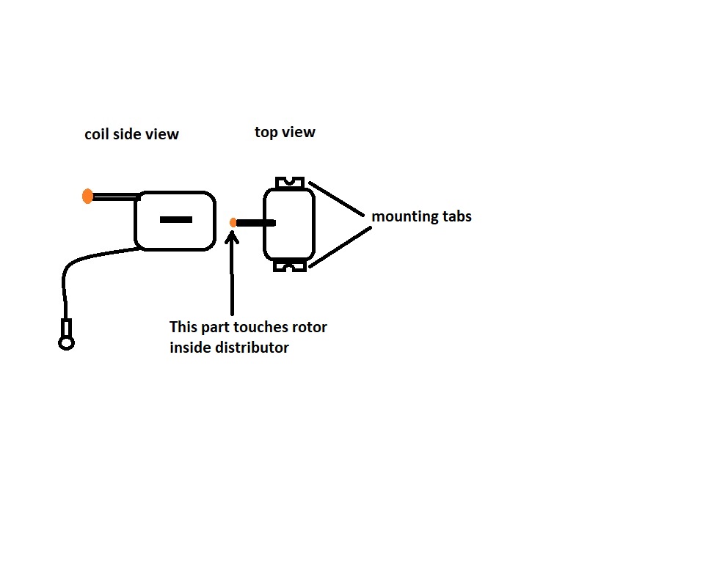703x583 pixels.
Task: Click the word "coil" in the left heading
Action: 96,134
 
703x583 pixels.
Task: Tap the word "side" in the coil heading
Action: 126,134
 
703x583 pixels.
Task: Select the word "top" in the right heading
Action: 266,132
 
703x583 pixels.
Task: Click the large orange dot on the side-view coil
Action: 87,197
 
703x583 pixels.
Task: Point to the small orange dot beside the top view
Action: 233,223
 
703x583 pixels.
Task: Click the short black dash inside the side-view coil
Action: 176,219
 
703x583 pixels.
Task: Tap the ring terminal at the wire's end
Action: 66,343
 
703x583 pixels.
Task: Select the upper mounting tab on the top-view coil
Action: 290,183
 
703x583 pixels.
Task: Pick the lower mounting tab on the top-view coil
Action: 290,266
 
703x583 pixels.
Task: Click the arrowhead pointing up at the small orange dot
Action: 232,237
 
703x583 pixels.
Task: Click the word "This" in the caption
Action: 183,326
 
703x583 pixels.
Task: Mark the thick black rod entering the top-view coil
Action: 256,223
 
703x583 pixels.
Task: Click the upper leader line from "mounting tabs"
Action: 336,199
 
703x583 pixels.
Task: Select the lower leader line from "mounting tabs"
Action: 340,247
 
